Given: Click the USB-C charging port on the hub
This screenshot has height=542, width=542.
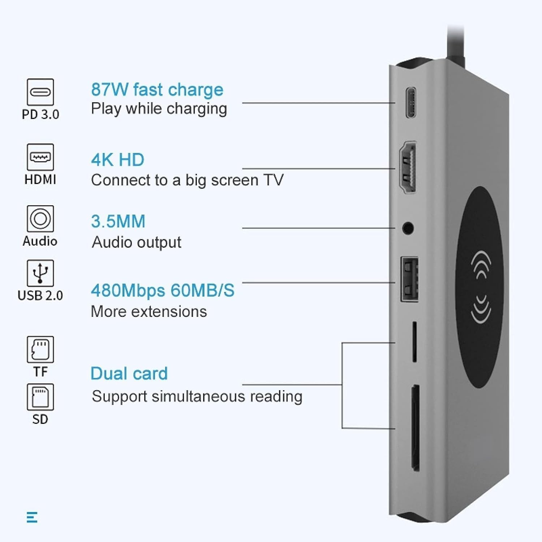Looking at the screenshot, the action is click(410, 102).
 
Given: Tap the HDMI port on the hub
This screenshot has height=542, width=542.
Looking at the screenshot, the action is click(408, 167).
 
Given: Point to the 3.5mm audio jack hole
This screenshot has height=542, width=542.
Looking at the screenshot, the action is click(408, 228).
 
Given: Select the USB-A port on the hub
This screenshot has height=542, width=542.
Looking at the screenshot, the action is click(409, 279).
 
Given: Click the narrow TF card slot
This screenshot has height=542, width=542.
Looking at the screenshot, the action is click(414, 341).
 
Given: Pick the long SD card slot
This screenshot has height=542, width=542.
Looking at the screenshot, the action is click(416, 428).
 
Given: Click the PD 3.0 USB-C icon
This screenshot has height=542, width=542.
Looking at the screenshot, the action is click(40, 92).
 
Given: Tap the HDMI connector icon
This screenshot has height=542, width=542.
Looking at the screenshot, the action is click(40, 157).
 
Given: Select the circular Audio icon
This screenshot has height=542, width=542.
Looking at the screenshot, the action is click(40, 219).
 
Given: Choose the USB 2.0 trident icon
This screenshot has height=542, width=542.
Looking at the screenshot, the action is click(40, 273).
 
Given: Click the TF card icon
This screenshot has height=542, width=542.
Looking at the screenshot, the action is click(40, 349).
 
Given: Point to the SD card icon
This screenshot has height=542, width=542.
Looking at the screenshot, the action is click(40, 397).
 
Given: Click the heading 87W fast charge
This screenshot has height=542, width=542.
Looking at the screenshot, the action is click(157, 90).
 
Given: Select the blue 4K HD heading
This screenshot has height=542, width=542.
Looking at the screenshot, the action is click(118, 160).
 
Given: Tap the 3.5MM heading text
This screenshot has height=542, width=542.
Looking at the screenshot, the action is click(118, 221).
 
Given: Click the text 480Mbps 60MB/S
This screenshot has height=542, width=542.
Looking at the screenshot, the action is click(163, 291).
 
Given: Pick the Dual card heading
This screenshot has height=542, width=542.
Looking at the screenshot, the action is click(129, 374).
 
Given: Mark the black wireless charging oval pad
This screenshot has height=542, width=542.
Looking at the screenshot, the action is click(479, 287).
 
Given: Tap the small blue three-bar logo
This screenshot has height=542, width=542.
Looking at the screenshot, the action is click(32, 517).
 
